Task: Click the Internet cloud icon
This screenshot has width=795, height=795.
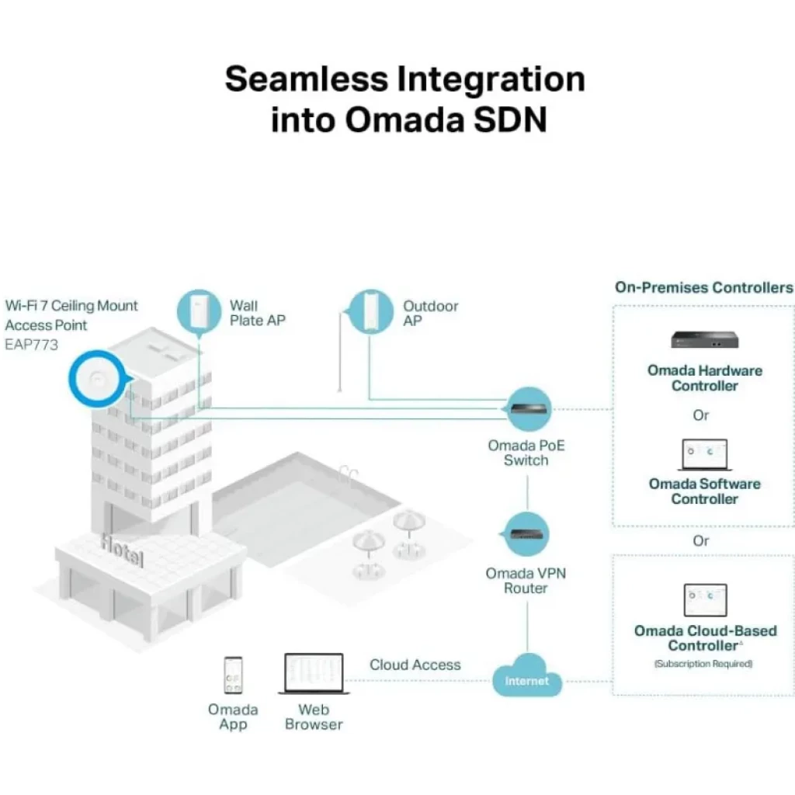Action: [527, 678]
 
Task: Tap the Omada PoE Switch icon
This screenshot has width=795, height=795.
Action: [529, 409]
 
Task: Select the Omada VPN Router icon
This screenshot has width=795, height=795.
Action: [527, 535]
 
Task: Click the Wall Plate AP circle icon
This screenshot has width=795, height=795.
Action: [200, 312]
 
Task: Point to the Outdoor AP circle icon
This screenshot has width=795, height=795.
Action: [370, 311]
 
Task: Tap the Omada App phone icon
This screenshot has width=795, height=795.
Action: [233, 675]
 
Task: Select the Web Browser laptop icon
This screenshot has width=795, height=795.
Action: [314, 674]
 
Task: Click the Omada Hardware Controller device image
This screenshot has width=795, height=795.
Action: [705, 339]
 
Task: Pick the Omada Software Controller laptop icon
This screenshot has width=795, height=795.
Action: [705, 454]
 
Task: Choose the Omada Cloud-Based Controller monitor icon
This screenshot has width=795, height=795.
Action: [705, 600]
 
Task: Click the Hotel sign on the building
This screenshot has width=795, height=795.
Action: [123, 549]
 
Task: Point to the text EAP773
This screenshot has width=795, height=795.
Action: [32, 345]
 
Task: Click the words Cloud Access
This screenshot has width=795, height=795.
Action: [415, 665]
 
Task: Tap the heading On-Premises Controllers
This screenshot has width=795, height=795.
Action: [704, 287]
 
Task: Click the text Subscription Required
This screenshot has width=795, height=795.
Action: [703, 664]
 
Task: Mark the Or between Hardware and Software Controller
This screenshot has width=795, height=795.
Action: [701, 415]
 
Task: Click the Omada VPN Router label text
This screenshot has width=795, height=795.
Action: [526, 581]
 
